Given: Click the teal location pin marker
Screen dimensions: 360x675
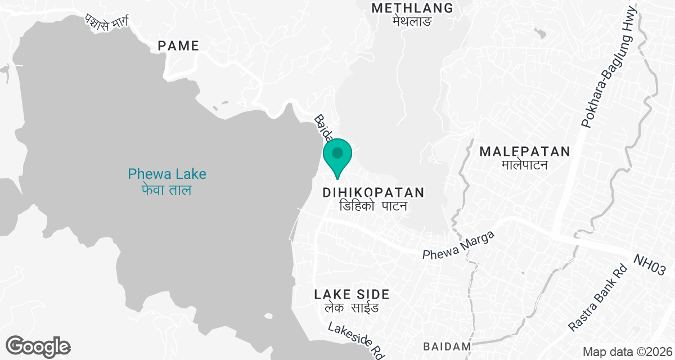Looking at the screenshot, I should point(337,157).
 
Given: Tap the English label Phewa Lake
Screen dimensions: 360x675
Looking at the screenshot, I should point(167,174).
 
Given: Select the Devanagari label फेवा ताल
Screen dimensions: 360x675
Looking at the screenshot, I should point(166,190).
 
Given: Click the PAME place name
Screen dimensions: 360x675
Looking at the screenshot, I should point(178,46).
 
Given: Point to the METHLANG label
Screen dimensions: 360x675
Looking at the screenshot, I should point(412,8).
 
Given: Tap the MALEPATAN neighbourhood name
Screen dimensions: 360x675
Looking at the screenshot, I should point(525,151).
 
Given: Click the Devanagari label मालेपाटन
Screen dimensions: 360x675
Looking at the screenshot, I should point(524,165).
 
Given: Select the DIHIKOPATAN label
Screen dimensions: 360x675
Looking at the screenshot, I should point(373,193).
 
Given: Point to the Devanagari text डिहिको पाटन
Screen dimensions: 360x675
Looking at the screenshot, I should point(373,206).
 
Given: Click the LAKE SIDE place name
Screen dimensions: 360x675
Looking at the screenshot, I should point(352,294).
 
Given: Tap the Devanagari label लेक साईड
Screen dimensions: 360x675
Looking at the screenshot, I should point(352,308).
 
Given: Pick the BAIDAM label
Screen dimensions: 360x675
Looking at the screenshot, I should point(447,346).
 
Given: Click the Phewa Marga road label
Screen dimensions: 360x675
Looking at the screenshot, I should point(458,246).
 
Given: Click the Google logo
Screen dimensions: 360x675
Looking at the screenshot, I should point(38,347).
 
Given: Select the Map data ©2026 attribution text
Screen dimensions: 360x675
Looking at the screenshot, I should point(627,352).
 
